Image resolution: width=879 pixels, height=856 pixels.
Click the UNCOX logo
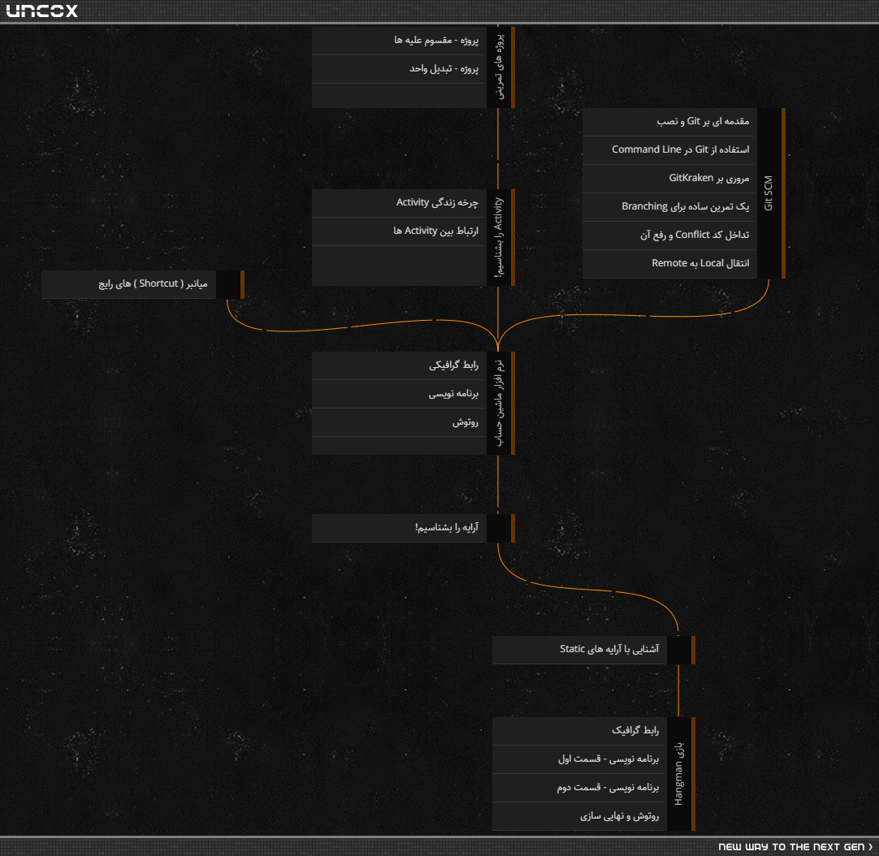[42, 11]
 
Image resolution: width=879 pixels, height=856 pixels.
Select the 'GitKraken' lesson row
[669, 178]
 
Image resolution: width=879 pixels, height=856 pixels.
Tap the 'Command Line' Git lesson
[669, 149]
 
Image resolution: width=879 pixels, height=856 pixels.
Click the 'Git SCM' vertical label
[768, 192]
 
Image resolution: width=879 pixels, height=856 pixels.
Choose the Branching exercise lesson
[669, 207]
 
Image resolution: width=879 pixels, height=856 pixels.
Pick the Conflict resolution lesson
[669, 236]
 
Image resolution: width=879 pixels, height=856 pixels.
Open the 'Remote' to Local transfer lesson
[669, 263]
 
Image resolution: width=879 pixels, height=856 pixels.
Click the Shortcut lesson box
[128, 284]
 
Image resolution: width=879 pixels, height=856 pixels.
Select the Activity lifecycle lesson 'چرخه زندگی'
[399, 203]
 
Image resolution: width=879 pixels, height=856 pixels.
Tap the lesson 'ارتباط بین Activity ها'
[399, 231]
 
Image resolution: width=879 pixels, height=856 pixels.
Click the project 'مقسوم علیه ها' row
[399, 41]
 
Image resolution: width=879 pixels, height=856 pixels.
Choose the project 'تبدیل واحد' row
[399, 69]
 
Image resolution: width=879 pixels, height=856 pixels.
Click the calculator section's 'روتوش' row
[399, 422]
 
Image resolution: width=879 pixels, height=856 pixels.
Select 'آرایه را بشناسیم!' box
[399, 528]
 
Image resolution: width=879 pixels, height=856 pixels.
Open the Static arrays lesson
[580, 650]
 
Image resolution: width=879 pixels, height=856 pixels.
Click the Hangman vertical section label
[678, 774]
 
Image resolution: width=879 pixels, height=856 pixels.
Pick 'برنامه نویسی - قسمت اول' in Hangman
[580, 759]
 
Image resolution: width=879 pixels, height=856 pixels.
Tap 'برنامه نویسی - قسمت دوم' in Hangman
[580, 788]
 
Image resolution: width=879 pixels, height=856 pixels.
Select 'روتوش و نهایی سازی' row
[580, 816]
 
